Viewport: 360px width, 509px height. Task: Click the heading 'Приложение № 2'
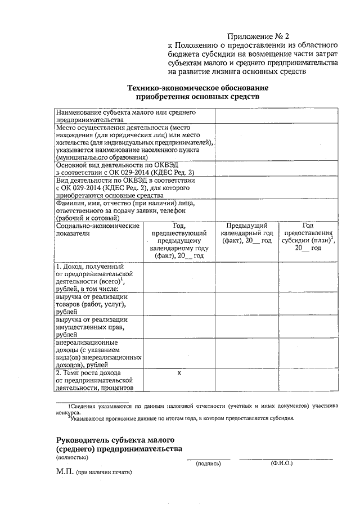coord(263,35)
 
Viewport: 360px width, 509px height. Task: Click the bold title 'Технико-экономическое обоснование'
coord(197,88)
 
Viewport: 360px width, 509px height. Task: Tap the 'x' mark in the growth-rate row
coord(179,373)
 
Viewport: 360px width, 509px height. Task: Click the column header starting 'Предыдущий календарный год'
coord(246,233)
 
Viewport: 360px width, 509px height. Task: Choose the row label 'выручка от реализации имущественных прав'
coord(91,327)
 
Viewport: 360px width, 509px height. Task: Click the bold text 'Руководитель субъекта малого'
coord(116,439)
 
